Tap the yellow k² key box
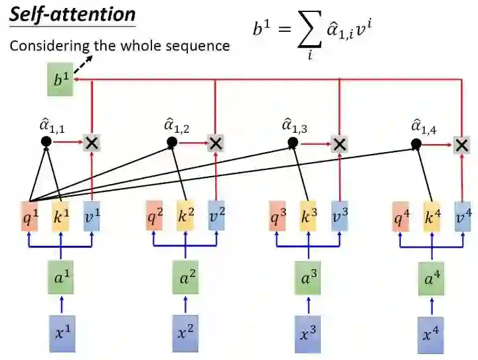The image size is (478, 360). [x=185, y=217]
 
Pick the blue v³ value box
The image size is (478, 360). [x=339, y=217]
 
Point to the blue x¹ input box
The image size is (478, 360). [x=62, y=332]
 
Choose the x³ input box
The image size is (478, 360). [x=309, y=332]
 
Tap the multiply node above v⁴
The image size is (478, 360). [x=463, y=144]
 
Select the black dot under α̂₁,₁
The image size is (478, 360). [x=46, y=141]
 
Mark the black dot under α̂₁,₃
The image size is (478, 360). [x=293, y=143]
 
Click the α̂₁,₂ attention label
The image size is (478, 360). [x=177, y=124]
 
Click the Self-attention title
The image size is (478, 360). [x=73, y=15]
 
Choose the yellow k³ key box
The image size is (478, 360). [x=309, y=217]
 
